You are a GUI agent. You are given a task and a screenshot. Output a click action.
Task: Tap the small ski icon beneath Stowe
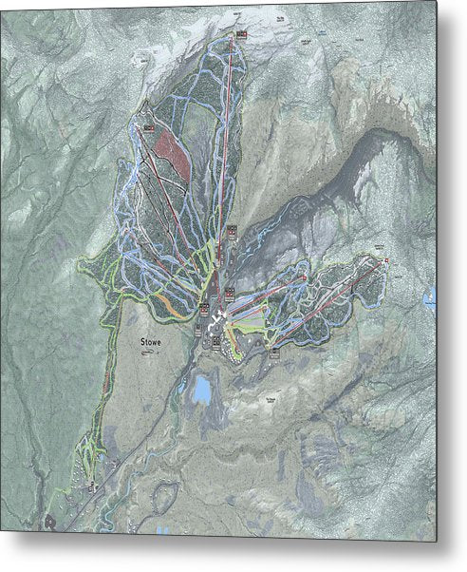[x=145, y=353]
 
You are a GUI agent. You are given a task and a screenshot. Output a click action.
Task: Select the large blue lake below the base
[x=201, y=388]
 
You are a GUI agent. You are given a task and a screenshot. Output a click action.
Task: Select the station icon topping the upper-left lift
[x=146, y=126]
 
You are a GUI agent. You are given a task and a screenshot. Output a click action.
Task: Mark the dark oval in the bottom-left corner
[x=47, y=521]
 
